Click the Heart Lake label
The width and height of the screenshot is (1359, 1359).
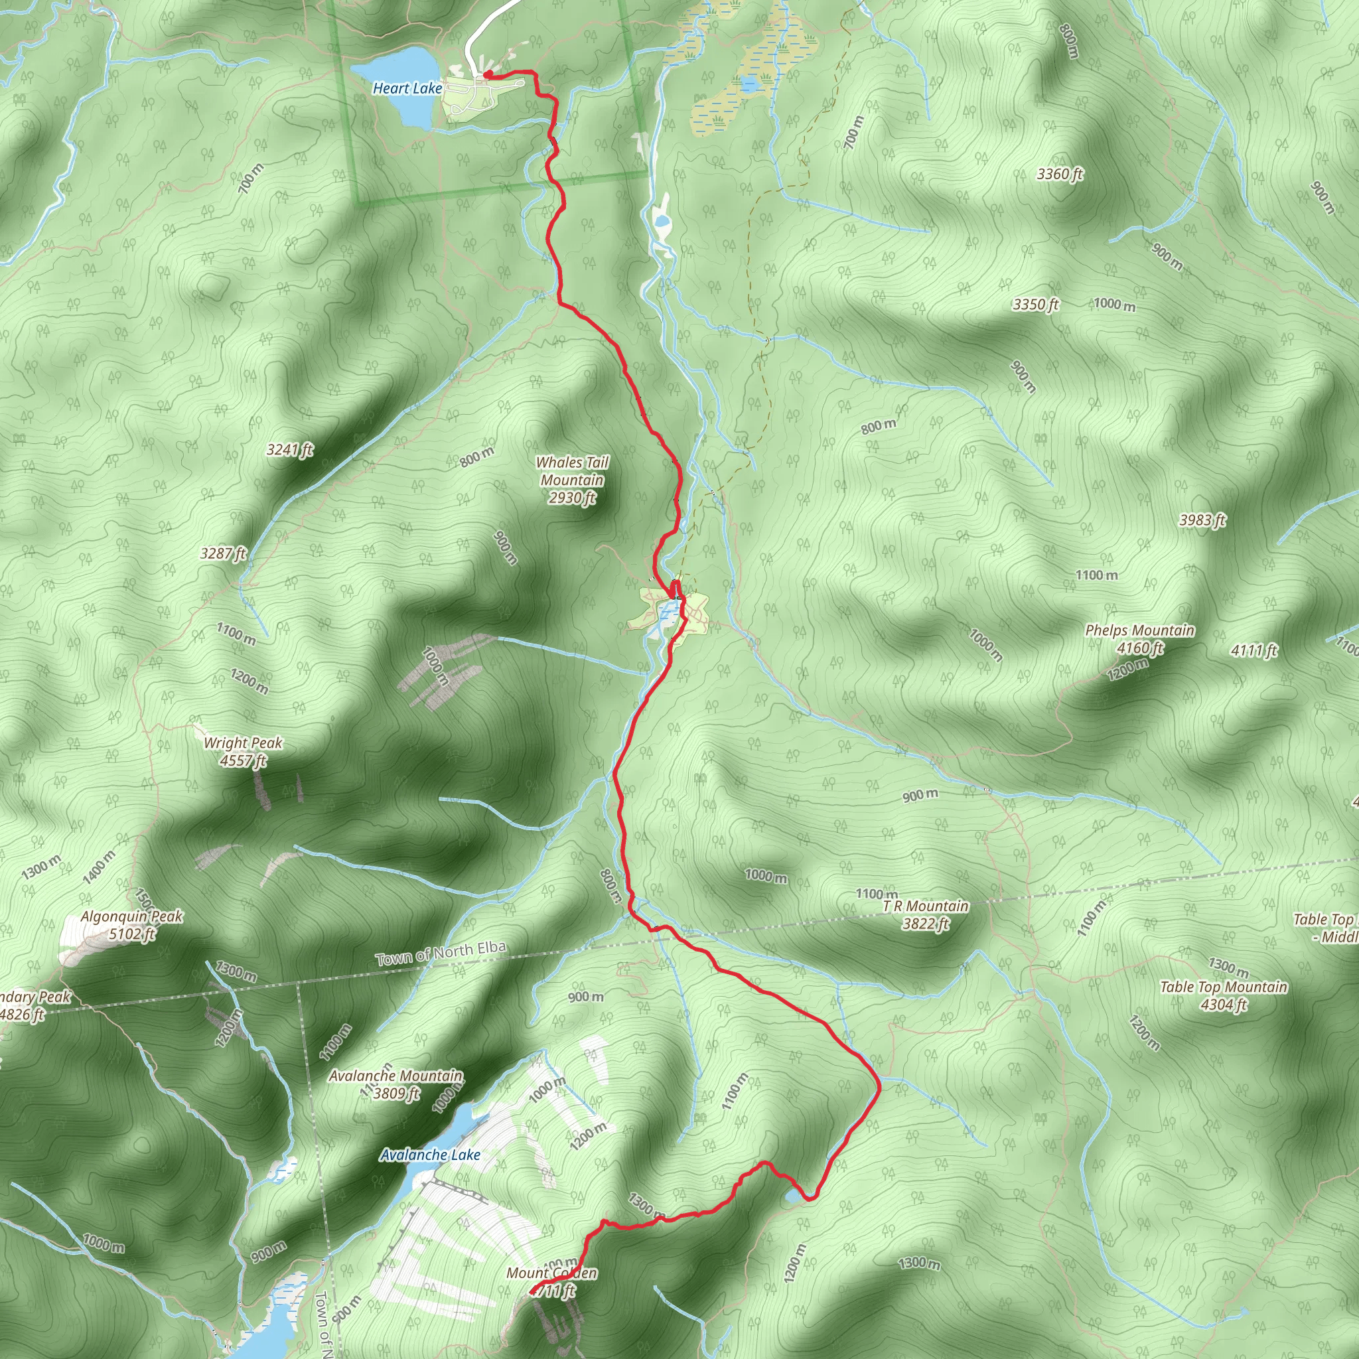pyautogui.click(x=407, y=88)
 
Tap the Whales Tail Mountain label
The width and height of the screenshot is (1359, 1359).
pyautogui.click(x=572, y=480)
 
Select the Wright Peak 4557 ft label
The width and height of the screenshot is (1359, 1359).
pyautogui.click(x=243, y=751)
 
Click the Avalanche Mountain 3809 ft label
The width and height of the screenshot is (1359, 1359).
pyautogui.click(x=396, y=1084)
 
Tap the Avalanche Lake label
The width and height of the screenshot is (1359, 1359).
pyautogui.click(x=430, y=1155)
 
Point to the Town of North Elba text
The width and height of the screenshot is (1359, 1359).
pyautogui.click(x=441, y=953)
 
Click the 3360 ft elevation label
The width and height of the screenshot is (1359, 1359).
pyautogui.click(x=1059, y=174)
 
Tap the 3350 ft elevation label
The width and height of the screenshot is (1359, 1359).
pyautogui.click(x=1035, y=305)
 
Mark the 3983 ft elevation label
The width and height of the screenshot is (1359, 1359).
pyautogui.click(x=1202, y=520)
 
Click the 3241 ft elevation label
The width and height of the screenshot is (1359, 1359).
pyautogui.click(x=290, y=449)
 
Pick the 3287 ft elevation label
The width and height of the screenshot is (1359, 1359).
pyautogui.click(x=223, y=553)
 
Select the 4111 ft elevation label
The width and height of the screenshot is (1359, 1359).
pyautogui.click(x=1253, y=651)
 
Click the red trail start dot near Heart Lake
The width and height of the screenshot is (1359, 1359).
pyautogui.click(x=487, y=74)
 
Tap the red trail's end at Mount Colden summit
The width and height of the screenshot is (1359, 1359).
pyautogui.click(x=532, y=1291)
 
